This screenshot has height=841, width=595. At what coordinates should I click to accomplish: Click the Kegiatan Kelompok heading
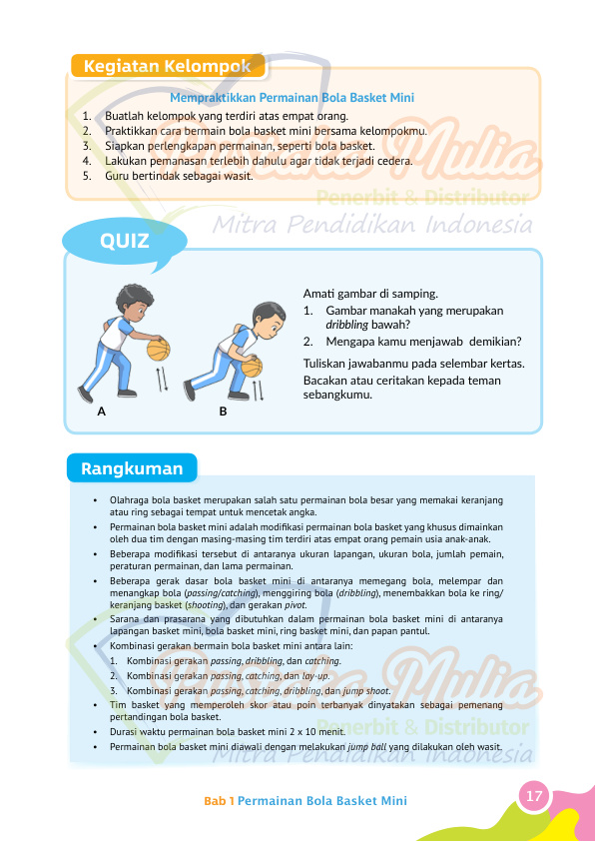[166, 67]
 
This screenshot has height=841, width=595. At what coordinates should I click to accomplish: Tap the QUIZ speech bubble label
[125, 242]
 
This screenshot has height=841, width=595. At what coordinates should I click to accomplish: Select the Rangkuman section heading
[132, 469]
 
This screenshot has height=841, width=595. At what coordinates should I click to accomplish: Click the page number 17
[534, 796]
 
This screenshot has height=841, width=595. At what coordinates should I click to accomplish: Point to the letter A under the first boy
[102, 411]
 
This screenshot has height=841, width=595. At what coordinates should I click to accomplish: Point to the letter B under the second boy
[223, 411]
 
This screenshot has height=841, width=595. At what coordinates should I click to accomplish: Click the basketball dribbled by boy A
[159, 351]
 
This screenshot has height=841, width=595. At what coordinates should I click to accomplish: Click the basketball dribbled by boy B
[252, 367]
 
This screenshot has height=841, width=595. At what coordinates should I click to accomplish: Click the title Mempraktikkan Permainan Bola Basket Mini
[292, 98]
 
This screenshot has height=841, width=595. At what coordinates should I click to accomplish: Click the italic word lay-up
[310, 676]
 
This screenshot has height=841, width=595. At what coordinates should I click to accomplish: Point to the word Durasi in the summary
[123, 732]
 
